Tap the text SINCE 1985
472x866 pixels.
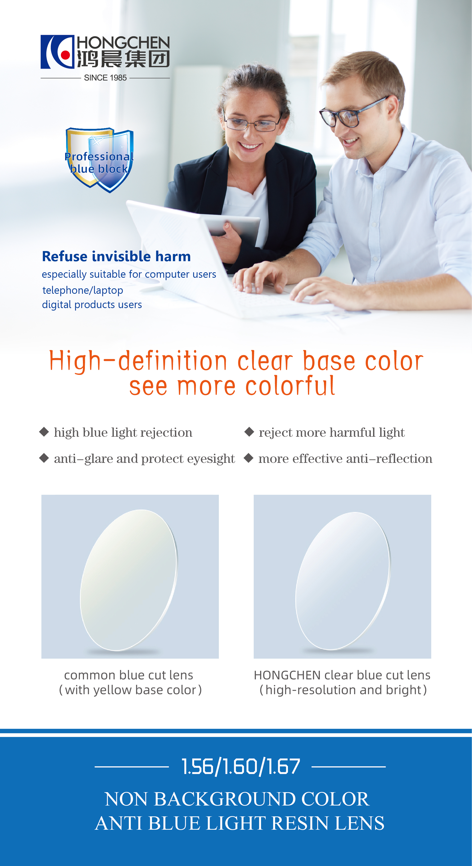(105, 78)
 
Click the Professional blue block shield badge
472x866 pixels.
(99, 160)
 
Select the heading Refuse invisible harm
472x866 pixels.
(116, 256)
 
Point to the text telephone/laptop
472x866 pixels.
(83, 290)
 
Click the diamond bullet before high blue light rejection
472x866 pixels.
(44, 432)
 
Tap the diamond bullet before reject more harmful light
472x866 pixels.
(249, 432)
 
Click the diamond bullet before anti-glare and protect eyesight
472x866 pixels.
(44, 458)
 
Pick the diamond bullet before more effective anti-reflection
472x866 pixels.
(248, 458)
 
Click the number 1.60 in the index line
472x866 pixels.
(241, 767)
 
